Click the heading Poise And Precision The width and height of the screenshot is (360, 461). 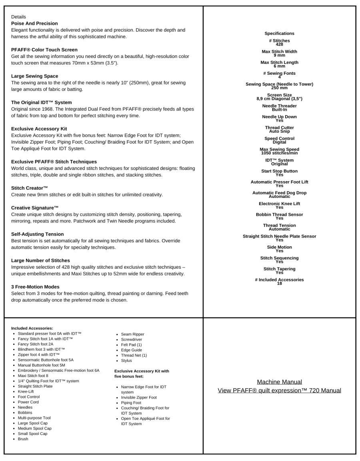point(34,24)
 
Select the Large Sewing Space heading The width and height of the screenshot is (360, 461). point(34,76)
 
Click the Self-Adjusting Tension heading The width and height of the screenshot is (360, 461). point(37,234)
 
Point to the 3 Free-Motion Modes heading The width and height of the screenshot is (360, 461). point(35,287)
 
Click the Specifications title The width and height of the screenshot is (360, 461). point(279,34)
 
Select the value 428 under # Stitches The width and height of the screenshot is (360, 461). point(279,44)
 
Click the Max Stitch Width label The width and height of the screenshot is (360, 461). point(279,52)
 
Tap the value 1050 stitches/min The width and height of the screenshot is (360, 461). point(279,153)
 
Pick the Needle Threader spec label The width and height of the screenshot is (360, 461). point(279,106)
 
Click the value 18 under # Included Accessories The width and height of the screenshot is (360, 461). point(279,283)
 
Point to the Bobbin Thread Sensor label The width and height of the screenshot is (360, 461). point(279,215)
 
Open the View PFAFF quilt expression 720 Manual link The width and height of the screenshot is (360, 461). point(279,390)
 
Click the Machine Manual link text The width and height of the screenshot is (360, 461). point(279,382)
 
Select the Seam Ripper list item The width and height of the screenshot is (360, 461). point(132,334)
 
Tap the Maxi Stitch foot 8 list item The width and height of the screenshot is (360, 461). point(33,376)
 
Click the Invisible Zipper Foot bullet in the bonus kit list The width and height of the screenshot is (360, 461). point(139,397)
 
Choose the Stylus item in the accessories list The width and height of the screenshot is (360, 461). point(126,361)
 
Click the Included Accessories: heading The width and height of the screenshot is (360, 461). point(32,328)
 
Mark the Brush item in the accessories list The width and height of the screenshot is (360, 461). point(23,439)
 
